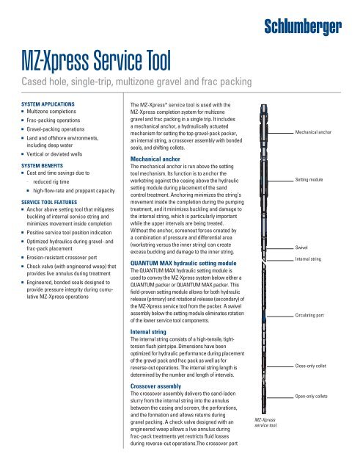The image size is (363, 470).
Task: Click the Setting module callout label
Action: [x=311, y=178]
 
